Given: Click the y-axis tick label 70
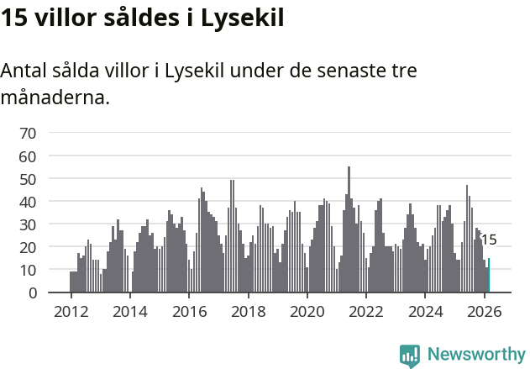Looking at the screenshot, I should (x=28, y=133).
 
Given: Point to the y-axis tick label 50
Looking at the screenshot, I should (x=28, y=179).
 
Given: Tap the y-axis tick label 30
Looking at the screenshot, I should (x=28, y=224).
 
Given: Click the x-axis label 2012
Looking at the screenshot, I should (x=71, y=310).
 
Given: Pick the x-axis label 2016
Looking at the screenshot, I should (x=189, y=310).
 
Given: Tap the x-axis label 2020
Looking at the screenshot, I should (x=307, y=310).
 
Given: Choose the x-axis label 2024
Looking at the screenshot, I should (x=425, y=310).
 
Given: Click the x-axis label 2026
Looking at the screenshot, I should (x=484, y=310).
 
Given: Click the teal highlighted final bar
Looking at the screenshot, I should (x=489, y=277).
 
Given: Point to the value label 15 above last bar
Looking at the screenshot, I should (x=489, y=240).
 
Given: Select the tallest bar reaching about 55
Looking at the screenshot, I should (x=349, y=231).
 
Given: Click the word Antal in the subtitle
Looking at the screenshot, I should (x=24, y=71).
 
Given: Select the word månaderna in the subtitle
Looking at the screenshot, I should (x=55, y=98).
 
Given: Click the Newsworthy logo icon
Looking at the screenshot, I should (x=410, y=355).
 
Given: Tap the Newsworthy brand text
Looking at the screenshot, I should (x=475, y=355).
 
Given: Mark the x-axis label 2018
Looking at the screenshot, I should (x=248, y=310).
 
